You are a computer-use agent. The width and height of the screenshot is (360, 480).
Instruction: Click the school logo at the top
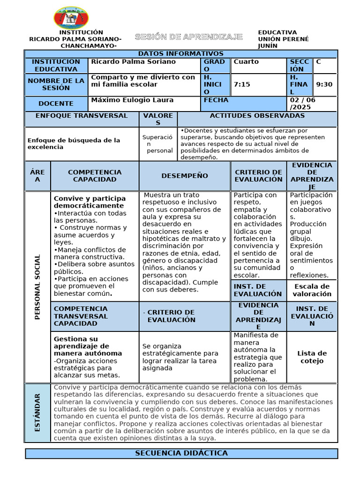(x=71, y=18)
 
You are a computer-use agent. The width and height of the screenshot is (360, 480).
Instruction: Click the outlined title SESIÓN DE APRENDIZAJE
(x=188, y=37)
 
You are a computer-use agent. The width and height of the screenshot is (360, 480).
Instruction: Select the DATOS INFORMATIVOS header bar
(x=180, y=54)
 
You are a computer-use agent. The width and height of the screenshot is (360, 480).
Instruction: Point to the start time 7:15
(x=242, y=84)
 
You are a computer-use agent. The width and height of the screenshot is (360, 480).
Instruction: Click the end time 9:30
(x=324, y=84)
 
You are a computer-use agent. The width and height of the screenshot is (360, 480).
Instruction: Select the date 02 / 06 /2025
(x=303, y=104)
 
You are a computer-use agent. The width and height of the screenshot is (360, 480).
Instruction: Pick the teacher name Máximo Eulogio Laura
(x=132, y=100)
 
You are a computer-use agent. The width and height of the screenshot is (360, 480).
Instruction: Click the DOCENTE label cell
(x=56, y=104)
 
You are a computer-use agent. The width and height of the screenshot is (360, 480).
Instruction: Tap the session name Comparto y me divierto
(x=142, y=81)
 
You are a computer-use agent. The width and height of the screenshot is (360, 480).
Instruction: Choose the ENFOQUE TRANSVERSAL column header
(x=82, y=116)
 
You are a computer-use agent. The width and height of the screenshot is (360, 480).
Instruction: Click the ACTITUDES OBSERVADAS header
(x=257, y=116)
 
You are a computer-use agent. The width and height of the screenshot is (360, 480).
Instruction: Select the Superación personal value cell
(x=157, y=143)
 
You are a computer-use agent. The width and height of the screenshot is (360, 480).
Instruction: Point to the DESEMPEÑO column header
(x=185, y=176)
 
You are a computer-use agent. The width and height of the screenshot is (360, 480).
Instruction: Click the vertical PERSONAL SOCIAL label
(x=37, y=287)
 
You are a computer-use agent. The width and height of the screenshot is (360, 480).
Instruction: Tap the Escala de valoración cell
(x=312, y=290)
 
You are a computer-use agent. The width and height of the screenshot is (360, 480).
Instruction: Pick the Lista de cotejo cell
(x=312, y=357)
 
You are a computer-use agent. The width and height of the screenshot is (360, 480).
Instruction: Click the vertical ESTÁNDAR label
(x=37, y=412)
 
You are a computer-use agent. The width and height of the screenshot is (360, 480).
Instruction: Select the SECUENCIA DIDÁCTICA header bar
(x=181, y=453)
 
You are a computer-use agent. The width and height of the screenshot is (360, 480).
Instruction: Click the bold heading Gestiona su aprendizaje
(x=88, y=346)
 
